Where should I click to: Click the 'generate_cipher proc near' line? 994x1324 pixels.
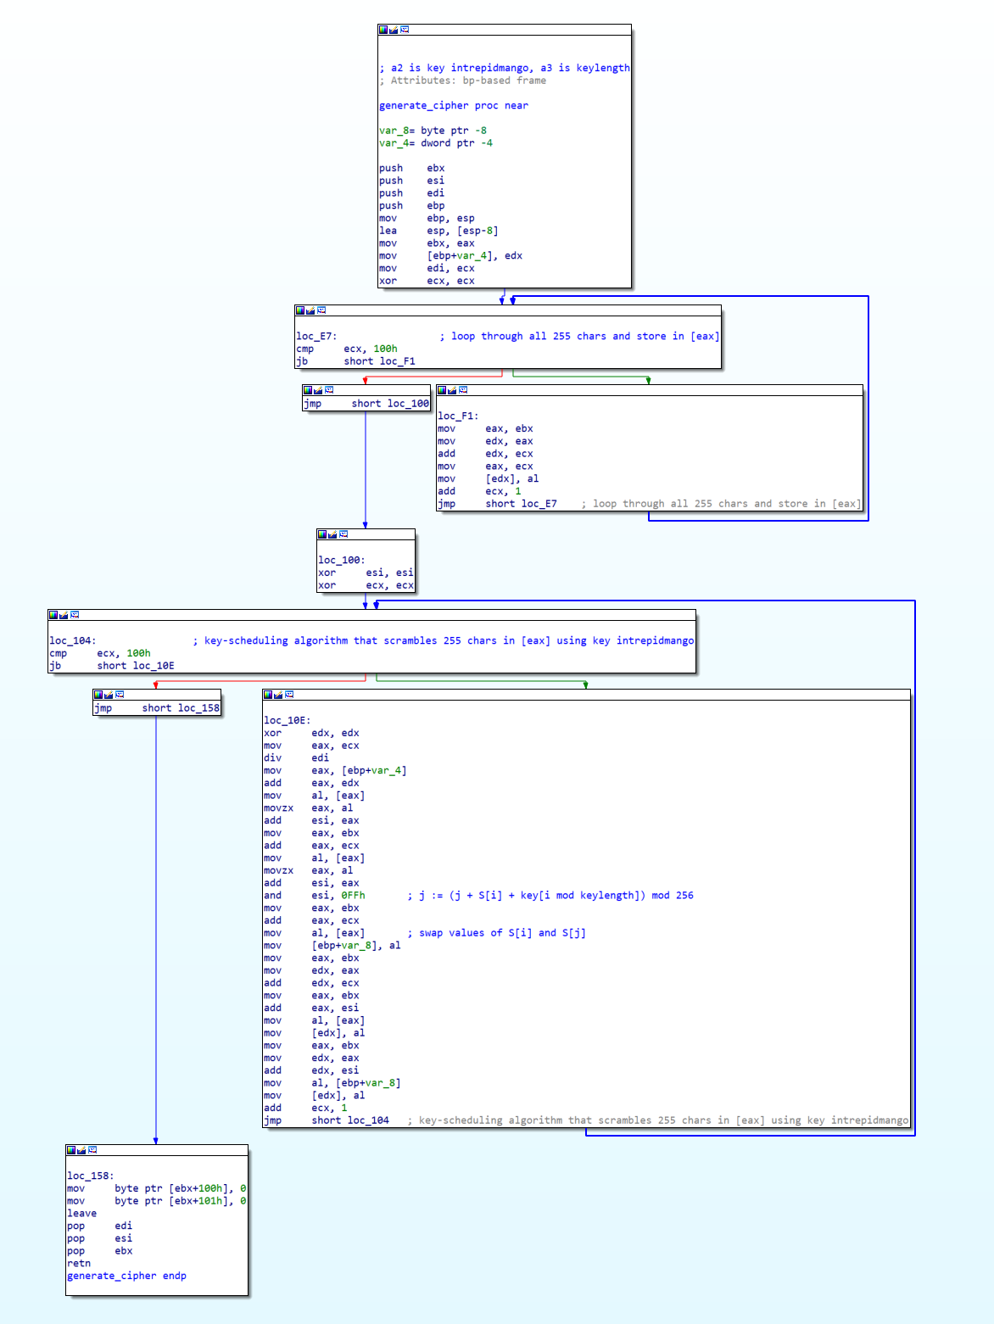453,106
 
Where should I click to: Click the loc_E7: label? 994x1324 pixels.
316,337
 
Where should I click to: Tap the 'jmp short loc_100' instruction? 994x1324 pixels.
366,404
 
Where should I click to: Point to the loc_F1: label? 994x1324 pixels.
458,416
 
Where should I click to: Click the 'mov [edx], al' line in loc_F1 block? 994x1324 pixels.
488,479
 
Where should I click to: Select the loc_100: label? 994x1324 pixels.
342,561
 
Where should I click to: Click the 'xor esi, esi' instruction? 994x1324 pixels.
366,573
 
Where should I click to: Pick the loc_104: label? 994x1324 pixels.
72,641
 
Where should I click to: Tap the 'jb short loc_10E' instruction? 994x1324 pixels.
111,666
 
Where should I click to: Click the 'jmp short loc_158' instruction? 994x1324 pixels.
157,708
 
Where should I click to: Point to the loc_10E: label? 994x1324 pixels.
287,721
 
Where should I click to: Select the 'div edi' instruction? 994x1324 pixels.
296,758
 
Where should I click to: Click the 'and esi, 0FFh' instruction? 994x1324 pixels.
314,896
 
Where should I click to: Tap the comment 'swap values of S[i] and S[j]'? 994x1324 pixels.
501,933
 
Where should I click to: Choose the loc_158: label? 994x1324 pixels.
90,1176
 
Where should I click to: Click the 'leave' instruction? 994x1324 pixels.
81,1214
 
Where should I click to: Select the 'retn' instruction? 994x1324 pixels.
79,1264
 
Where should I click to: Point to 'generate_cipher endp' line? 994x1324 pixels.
126,1277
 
